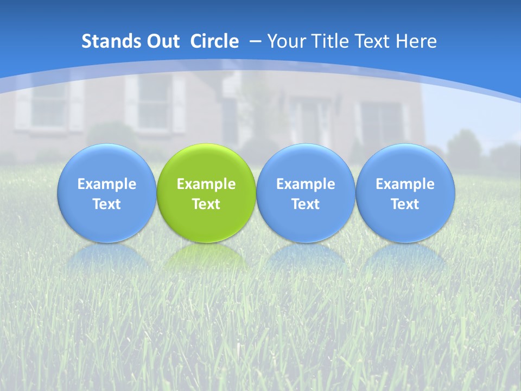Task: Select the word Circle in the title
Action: (214, 41)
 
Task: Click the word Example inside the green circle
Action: (206, 184)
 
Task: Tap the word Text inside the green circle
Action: (206, 204)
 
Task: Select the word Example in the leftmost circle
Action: (107, 184)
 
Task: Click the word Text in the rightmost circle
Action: (405, 204)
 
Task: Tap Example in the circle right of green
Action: (306, 184)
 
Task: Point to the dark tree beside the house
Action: (464, 147)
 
